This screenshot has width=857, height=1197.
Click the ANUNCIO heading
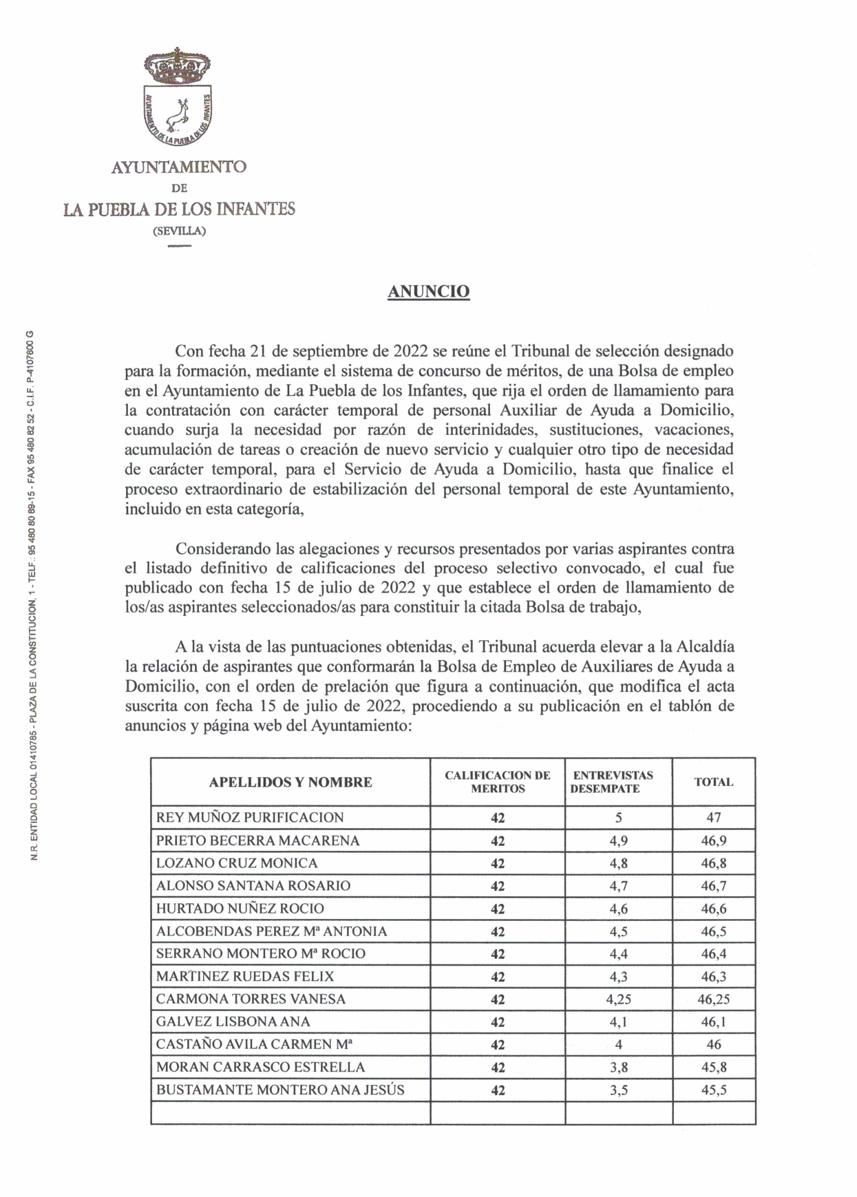point(428,292)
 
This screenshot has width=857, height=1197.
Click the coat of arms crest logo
point(178,97)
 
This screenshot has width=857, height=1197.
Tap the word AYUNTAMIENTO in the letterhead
point(179,167)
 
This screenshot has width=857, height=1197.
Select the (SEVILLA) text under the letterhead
point(179,231)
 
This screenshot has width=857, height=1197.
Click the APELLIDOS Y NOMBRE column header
point(290,782)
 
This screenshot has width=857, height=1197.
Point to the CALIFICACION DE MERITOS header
point(498,782)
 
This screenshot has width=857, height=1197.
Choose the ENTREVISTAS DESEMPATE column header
point(613,782)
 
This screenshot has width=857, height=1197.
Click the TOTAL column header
point(714,782)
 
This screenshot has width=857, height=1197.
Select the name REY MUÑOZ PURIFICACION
point(250,818)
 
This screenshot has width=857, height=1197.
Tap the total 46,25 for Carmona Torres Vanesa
point(714,999)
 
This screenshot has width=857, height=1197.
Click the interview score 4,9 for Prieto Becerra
point(618,840)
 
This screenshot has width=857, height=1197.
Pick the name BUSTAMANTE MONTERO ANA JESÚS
point(280,1090)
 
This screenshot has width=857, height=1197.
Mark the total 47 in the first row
point(714,818)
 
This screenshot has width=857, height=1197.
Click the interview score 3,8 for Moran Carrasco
point(618,1068)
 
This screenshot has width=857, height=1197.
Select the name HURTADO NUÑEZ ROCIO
point(240,909)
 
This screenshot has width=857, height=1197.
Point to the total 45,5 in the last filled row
point(714,1090)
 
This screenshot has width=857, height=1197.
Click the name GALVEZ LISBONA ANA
point(233,1022)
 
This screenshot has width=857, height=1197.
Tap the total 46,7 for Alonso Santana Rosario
point(714,886)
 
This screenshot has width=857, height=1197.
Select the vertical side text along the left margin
point(33,595)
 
